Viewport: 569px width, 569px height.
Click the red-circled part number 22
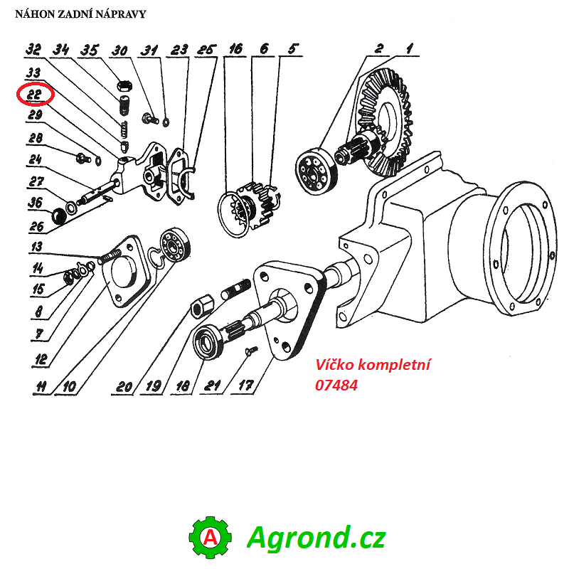pos(35,95)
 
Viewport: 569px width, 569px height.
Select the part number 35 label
pos(89,50)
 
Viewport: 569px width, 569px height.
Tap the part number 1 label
pos(409,49)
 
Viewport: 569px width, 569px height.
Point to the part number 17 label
pos(245,386)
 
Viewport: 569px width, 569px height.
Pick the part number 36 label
pos(35,203)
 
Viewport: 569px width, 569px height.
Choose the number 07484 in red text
pos(336,385)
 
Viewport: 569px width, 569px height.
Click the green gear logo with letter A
pos(211,537)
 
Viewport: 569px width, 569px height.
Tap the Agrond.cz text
pos(316,537)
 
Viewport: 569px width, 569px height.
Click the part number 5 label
pos(292,49)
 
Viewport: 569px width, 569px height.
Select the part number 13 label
pos(36,247)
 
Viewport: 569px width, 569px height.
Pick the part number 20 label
pos(124,386)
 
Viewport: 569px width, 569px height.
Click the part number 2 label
pos(379,49)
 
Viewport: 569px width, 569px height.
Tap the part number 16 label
pos(235,49)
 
